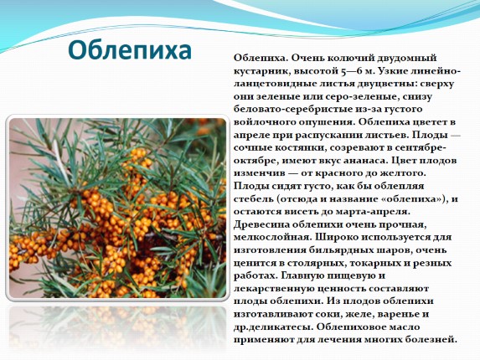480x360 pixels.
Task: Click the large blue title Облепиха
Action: point(130,50)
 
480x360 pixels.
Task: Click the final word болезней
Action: point(431,340)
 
